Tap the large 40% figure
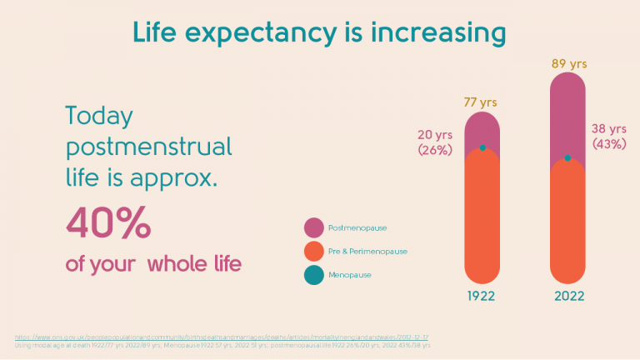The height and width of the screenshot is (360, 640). point(108,223)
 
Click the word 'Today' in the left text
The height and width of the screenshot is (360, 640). point(99,117)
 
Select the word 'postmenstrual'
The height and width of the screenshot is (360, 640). point(148,147)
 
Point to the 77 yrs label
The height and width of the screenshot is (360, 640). point(482,102)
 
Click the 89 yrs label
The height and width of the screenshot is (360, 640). point(567,62)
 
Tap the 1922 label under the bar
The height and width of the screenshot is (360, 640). point(482,296)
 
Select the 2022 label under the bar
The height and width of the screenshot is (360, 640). point(567,296)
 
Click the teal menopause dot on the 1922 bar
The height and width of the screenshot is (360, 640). point(482,148)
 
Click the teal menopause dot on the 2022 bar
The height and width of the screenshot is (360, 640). point(567,157)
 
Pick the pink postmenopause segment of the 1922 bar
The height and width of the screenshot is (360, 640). point(482,129)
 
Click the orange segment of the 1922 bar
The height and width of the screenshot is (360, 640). point(482,217)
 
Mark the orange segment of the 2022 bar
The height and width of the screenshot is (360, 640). point(567,221)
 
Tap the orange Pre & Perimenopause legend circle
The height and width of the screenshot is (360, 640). point(313,251)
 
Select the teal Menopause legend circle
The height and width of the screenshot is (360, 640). point(313,274)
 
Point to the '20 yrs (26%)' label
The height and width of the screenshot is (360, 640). point(435,142)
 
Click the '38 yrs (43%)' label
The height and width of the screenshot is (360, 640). point(609,136)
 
